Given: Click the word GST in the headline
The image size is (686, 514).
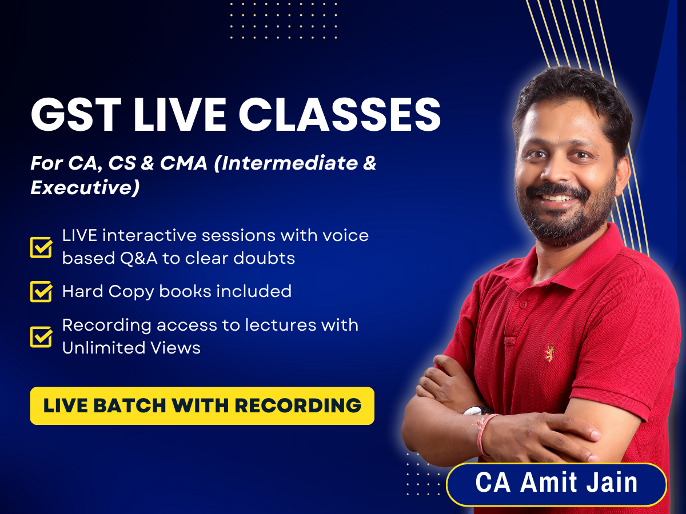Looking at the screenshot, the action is (x=76, y=115).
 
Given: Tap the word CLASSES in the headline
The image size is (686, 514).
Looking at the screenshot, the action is (x=340, y=115).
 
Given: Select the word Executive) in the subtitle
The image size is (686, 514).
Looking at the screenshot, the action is (x=85, y=187).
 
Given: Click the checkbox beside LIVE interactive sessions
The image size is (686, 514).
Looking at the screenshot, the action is (x=41, y=247).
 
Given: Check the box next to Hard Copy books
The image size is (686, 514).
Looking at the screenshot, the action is (x=41, y=291).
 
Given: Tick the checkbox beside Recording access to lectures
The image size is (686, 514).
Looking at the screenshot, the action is (x=41, y=337).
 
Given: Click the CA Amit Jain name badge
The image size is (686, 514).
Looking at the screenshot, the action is (x=556, y=485).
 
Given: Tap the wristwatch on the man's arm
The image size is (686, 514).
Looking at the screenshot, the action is (x=477, y=410).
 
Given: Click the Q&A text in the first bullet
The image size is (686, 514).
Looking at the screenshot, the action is (x=139, y=258).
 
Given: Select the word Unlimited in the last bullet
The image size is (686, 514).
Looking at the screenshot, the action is (x=103, y=348).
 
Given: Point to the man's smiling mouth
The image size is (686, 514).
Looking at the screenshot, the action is (x=559, y=198).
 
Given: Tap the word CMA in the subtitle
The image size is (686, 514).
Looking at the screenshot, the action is (x=184, y=163).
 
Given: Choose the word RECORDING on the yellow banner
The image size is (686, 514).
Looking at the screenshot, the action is (x=298, y=405).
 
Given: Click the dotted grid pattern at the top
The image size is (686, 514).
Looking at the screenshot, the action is (x=284, y=21).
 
